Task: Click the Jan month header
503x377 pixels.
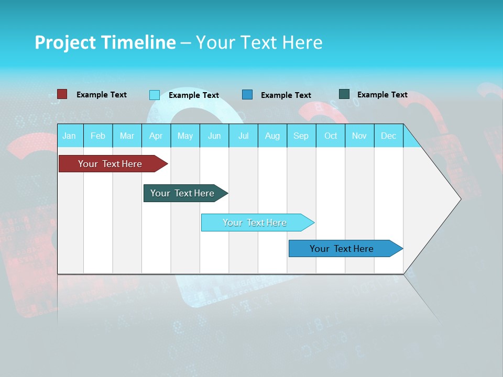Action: click(70, 136)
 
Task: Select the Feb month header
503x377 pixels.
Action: click(98, 136)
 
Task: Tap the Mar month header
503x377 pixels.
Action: click(127, 136)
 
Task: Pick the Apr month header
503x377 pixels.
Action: click(156, 136)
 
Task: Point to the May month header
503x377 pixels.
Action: click(185, 136)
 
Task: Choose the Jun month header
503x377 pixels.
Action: click(214, 136)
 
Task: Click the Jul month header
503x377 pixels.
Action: click(243, 136)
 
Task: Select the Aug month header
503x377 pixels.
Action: click(272, 136)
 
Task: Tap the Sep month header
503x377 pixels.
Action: click(301, 136)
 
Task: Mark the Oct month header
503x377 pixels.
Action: click(331, 136)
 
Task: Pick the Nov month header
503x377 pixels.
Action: click(359, 136)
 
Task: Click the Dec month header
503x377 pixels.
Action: click(389, 136)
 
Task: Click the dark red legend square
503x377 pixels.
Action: click(62, 94)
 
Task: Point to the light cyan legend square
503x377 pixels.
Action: click(155, 95)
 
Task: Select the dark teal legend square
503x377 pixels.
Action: click(344, 94)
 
